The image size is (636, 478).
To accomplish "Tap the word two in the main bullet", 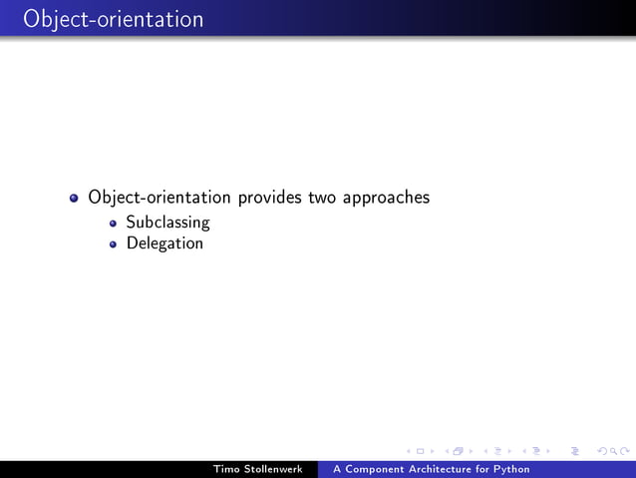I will point(322,198).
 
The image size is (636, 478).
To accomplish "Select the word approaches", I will point(386,199).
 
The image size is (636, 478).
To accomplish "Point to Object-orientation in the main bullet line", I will point(159,198).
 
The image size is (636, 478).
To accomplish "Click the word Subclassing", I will point(167,223).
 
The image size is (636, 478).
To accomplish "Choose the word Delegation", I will point(164,243).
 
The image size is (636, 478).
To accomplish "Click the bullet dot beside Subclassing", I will point(114,224).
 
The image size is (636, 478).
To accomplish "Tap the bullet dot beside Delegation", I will point(114,244).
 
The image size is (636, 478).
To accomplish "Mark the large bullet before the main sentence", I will point(75,199).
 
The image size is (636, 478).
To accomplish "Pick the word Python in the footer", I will point(510,469).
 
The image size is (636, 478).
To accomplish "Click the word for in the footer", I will point(483,469).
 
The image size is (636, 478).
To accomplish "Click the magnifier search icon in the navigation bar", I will point(613,452).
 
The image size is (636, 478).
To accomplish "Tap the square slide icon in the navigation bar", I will point(419,452).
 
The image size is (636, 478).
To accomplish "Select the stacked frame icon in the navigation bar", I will point(458,452).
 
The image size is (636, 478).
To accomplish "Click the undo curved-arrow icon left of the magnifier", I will point(600,452).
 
